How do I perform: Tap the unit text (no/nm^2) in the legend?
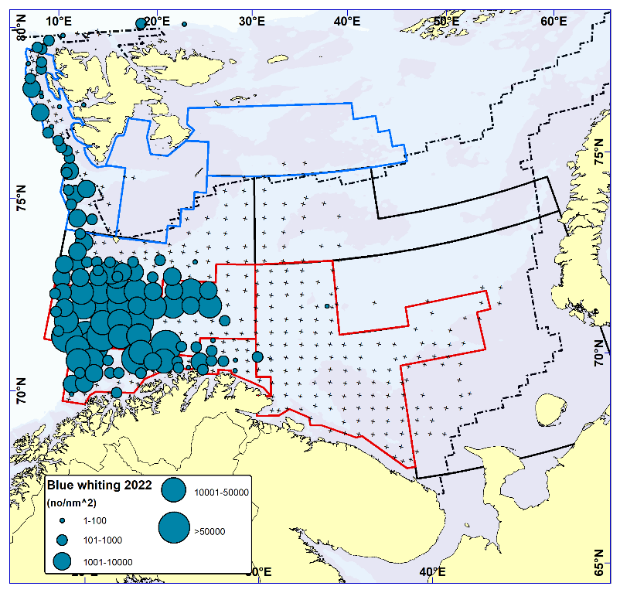[x=74, y=503]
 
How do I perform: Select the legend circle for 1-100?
[x=63, y=520]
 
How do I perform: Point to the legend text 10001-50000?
[x=220, y=492]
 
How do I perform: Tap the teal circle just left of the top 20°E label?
[x=141, y=23]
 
